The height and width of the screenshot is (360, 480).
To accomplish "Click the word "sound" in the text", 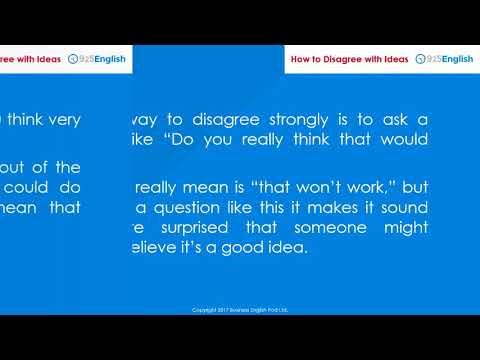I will (x=405, y=207).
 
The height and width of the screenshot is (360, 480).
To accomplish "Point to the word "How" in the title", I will (x=303, y=59).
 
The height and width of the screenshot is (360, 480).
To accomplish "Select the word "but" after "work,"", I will (x=414, y=187).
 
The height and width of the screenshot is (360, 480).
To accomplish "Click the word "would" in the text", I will (x=406, y=140).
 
